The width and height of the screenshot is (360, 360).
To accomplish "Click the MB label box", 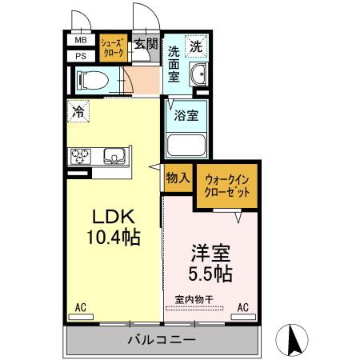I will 80,40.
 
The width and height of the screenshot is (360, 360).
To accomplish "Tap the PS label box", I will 80,55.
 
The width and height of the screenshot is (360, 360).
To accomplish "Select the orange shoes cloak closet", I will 112,48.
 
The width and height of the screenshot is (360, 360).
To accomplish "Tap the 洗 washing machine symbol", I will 196,46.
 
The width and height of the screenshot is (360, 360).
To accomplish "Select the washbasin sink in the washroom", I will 198,77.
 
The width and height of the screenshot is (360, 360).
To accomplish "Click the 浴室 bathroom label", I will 187,114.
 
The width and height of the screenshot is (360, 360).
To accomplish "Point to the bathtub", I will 187,146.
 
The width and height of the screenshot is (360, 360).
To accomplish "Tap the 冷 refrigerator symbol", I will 78,113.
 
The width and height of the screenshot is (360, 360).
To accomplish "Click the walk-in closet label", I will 227,186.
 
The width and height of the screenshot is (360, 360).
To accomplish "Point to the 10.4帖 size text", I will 114,238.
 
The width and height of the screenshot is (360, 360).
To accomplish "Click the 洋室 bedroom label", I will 211,255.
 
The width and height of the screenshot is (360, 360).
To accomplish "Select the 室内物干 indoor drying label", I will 192,300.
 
